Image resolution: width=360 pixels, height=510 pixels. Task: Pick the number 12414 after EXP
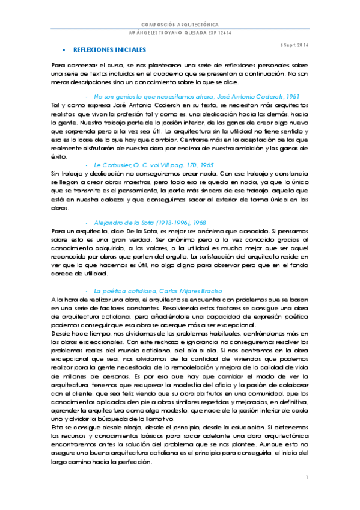(x=224, y=31)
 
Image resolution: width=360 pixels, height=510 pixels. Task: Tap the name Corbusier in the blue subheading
(x=115, y=165)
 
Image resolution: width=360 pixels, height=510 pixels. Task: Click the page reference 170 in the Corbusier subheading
(x=191, y=165)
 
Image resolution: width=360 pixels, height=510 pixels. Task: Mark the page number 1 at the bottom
(x=306, y=478)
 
